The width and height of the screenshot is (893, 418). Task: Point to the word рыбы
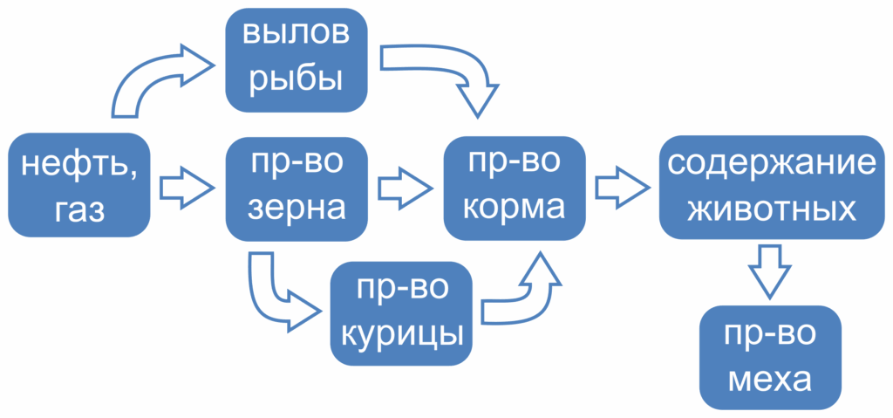[x=297, y=79]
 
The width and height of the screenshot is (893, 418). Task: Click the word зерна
[x=297, y=209]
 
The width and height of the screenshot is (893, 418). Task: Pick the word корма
[x=515, y=209]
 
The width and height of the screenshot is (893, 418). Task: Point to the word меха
[x=770, y=380]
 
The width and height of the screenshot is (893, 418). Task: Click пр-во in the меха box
[x=770, y=335]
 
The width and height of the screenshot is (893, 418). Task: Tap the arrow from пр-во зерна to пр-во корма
[x=406, y=188]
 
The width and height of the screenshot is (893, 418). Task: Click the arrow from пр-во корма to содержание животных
[x=623, y=187]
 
